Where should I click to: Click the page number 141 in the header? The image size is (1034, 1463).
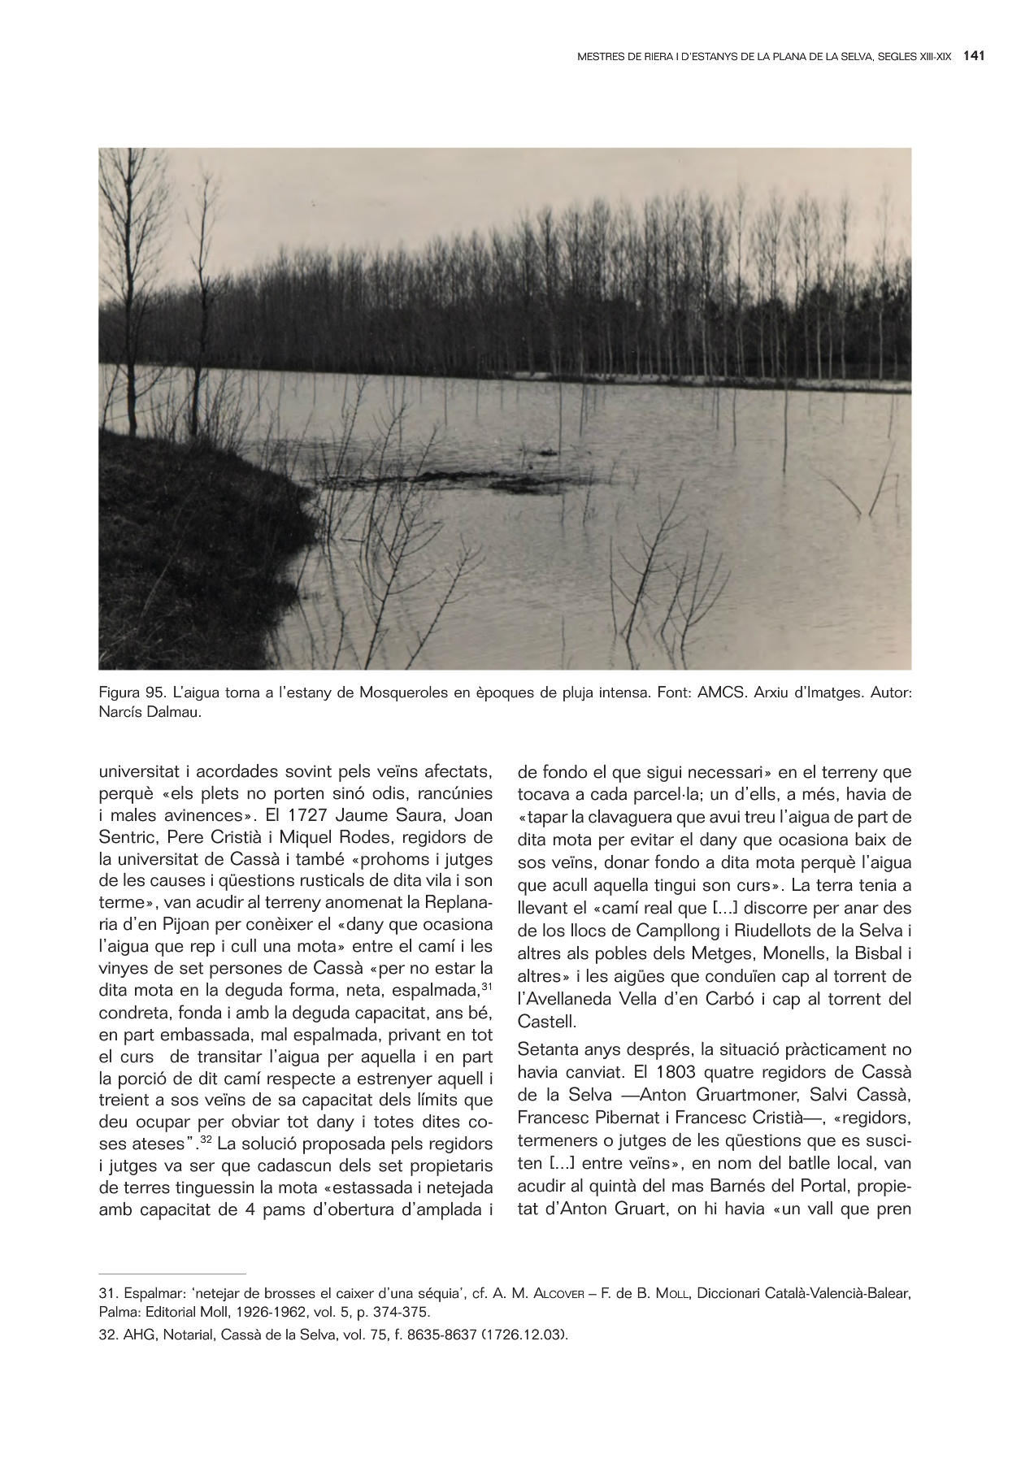point(974,57)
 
